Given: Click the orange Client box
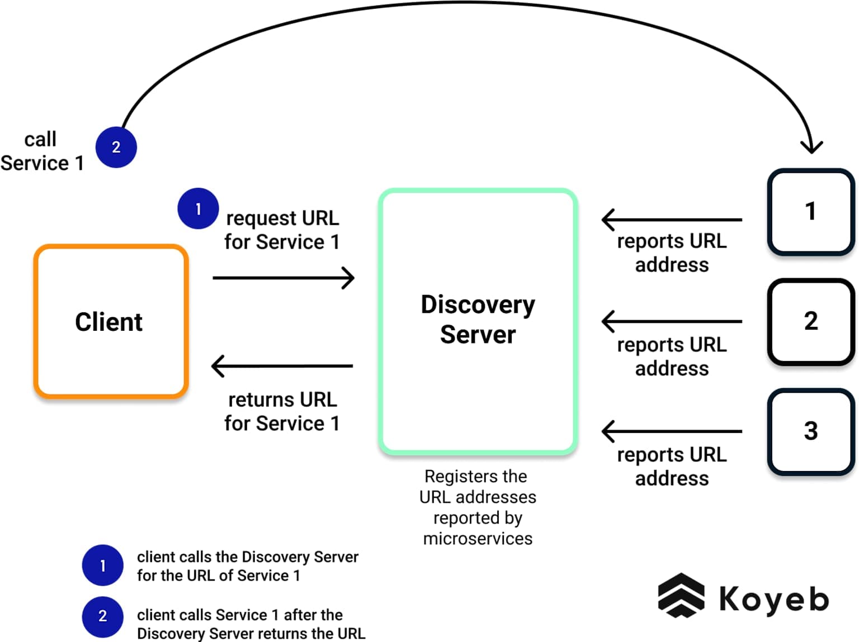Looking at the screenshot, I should pos(111,321).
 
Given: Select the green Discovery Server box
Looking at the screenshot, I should pos(478,321).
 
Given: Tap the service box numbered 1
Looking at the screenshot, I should pos(810,212).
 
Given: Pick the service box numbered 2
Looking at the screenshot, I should pos(810,321).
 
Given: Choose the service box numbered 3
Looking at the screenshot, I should pos(810,431).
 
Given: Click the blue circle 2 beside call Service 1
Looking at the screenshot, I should pos(116,147).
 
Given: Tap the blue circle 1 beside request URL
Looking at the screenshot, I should pos(198,208).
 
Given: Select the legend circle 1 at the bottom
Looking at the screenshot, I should pos(102,565).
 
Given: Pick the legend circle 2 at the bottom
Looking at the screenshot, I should pos(102,616).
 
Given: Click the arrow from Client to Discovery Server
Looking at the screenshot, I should pos(284,278).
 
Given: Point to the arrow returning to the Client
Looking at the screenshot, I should pos(282,366).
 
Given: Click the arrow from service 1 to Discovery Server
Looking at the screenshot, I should pos(672,220).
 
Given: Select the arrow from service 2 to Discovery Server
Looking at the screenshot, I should pos(672,321).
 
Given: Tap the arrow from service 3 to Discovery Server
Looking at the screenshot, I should pos(672,431).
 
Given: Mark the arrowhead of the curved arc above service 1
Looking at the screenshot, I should pos(811,147).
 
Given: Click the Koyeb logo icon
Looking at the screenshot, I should pos(681,596).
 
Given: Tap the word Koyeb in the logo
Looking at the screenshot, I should pos(773,599).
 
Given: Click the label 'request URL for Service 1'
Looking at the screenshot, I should pos(282,230).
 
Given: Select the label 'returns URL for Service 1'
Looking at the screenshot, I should pos(282,412).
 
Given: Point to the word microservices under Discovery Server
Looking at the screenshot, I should pos(478,539).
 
